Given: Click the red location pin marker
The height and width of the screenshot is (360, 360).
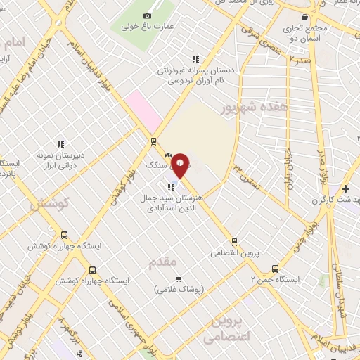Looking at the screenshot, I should click(181, 165).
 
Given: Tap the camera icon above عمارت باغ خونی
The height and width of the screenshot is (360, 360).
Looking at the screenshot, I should click(147, 15).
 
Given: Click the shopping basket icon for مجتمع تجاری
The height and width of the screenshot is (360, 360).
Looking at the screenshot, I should click(304, 18).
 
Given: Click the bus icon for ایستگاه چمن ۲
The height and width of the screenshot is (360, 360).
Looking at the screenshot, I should click(274, 268).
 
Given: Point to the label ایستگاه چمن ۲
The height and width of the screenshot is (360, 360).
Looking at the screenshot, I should click(278, 280).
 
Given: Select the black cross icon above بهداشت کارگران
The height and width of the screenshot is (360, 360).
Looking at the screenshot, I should click(345, 188).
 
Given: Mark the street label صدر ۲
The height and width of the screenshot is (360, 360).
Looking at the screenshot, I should click(299, 62).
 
